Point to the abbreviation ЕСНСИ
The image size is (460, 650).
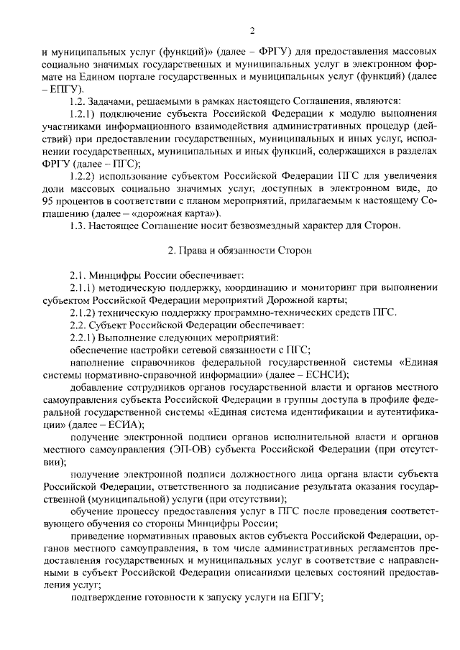[x=323, y=374]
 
